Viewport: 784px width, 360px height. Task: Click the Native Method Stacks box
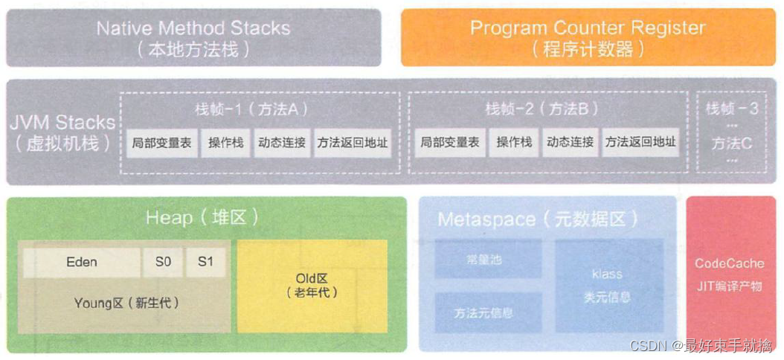193,37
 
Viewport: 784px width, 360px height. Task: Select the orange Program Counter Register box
587,37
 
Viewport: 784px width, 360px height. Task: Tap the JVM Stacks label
63,131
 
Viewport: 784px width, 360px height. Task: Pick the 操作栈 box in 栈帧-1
226,142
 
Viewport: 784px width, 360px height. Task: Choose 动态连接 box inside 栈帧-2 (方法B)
570,142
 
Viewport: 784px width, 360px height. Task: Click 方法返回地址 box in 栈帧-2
640,142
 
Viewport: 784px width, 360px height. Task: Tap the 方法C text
731,142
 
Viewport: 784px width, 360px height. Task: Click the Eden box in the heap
82,263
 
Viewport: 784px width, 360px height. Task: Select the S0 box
163,263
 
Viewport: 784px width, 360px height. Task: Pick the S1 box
205,263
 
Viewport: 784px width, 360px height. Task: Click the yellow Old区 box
312,286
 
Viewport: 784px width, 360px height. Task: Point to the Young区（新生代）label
126,303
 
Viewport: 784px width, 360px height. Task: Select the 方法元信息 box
483,312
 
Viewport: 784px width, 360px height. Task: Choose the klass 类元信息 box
607,285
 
